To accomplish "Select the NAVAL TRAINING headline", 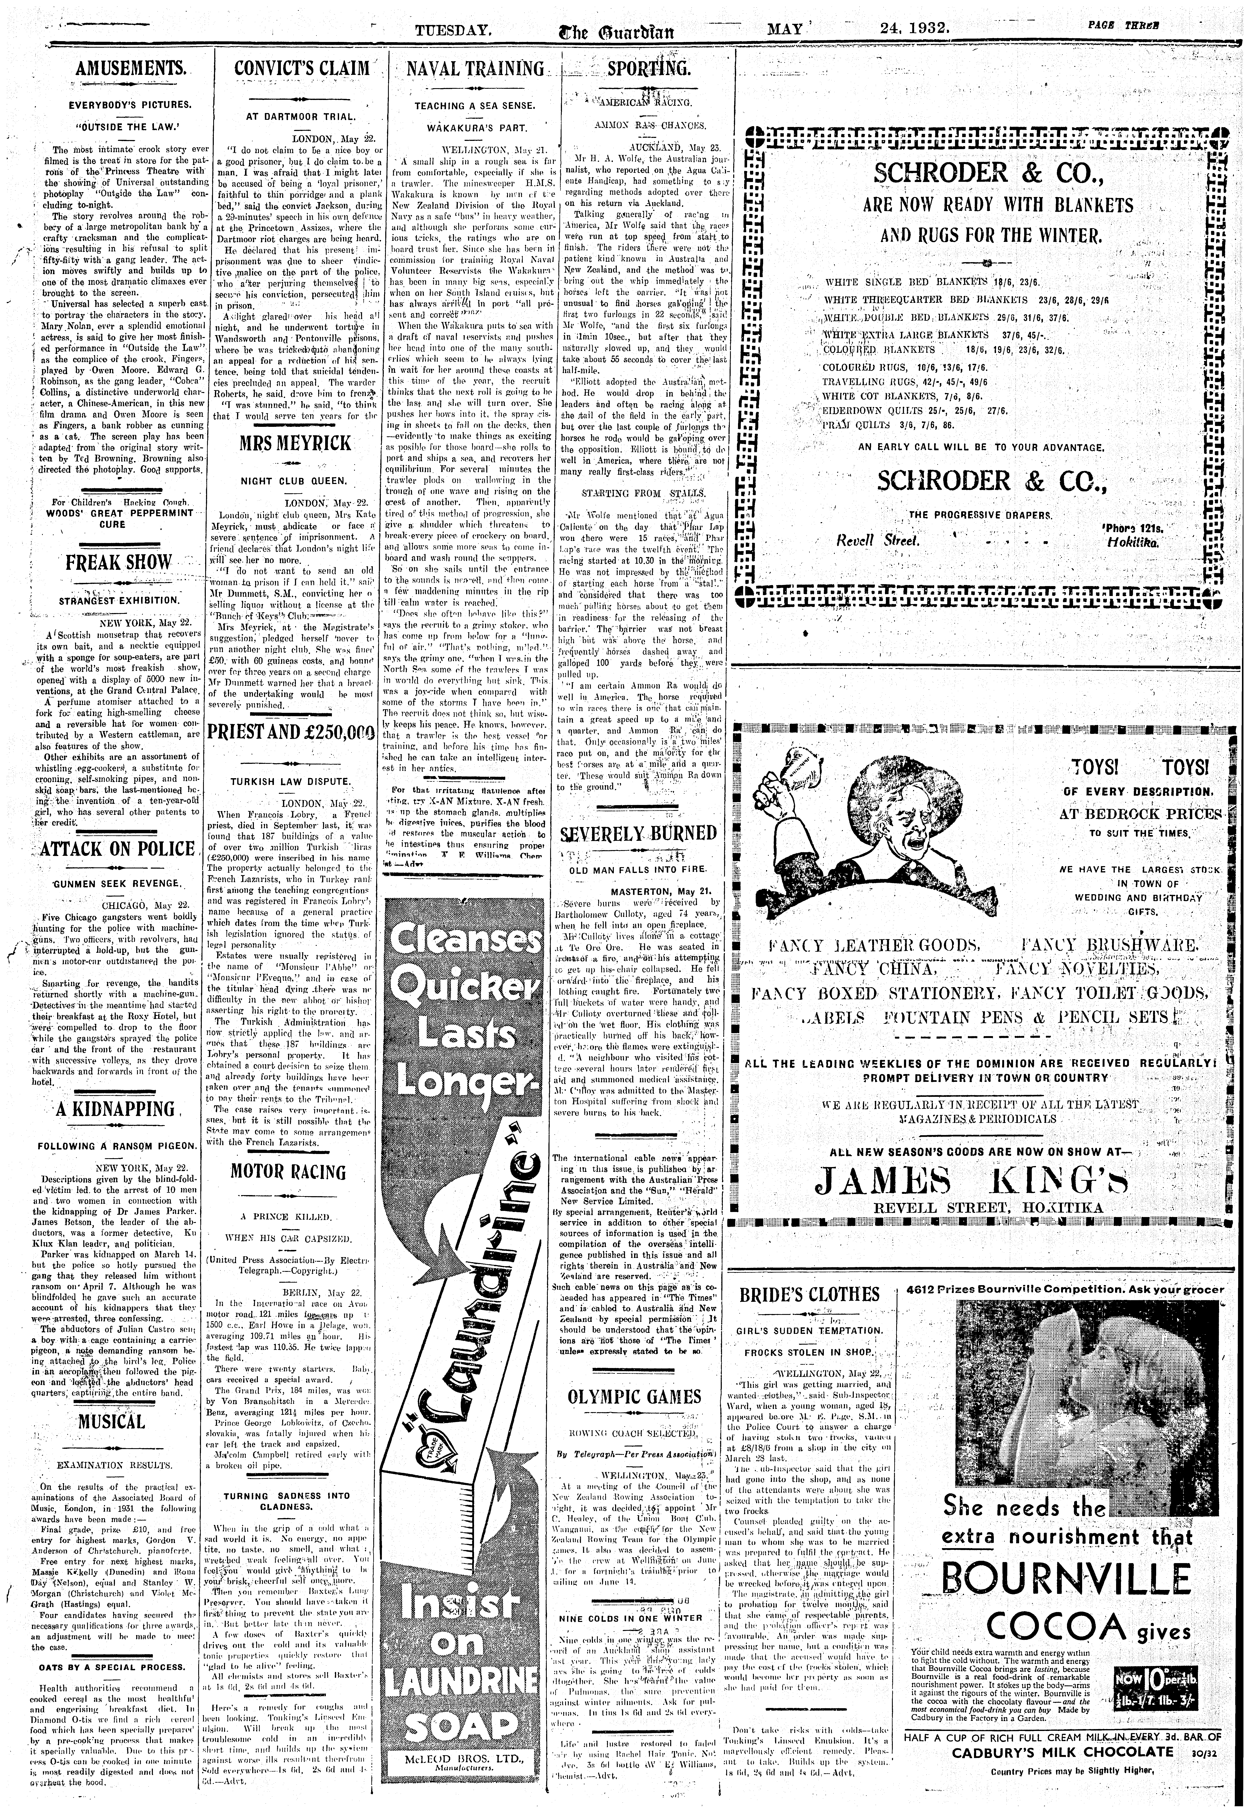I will point(475,69).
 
